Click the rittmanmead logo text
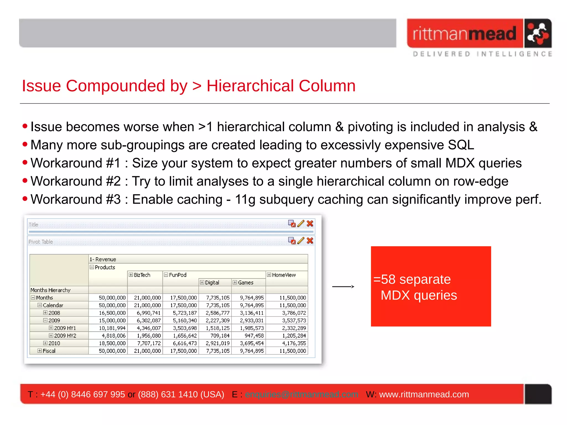pyautogui.click(x=464, y=33)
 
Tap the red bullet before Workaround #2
pyautogui.click(x=25, y=181)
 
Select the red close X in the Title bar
pyautogui.click(x=310, y=224)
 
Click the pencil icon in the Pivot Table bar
pyautogui.click(x=301, y=241)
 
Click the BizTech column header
pyautogui.click(x=142, y=275)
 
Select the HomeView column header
pyautogui.click(x=283, y=275)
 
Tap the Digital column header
pyautogui.click(x=212, y=283)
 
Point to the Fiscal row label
pyautogui.click(x=49, y=351)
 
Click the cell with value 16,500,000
pyautogui.click(x=112, y=313)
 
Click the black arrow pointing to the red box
pyautogui.click(x=343, y=287)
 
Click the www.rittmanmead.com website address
pyautogui.click(x=424, y=394)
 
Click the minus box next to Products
pyautogui.click(x=92, y=267)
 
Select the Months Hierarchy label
pyautogui.click(x=50, y=290)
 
